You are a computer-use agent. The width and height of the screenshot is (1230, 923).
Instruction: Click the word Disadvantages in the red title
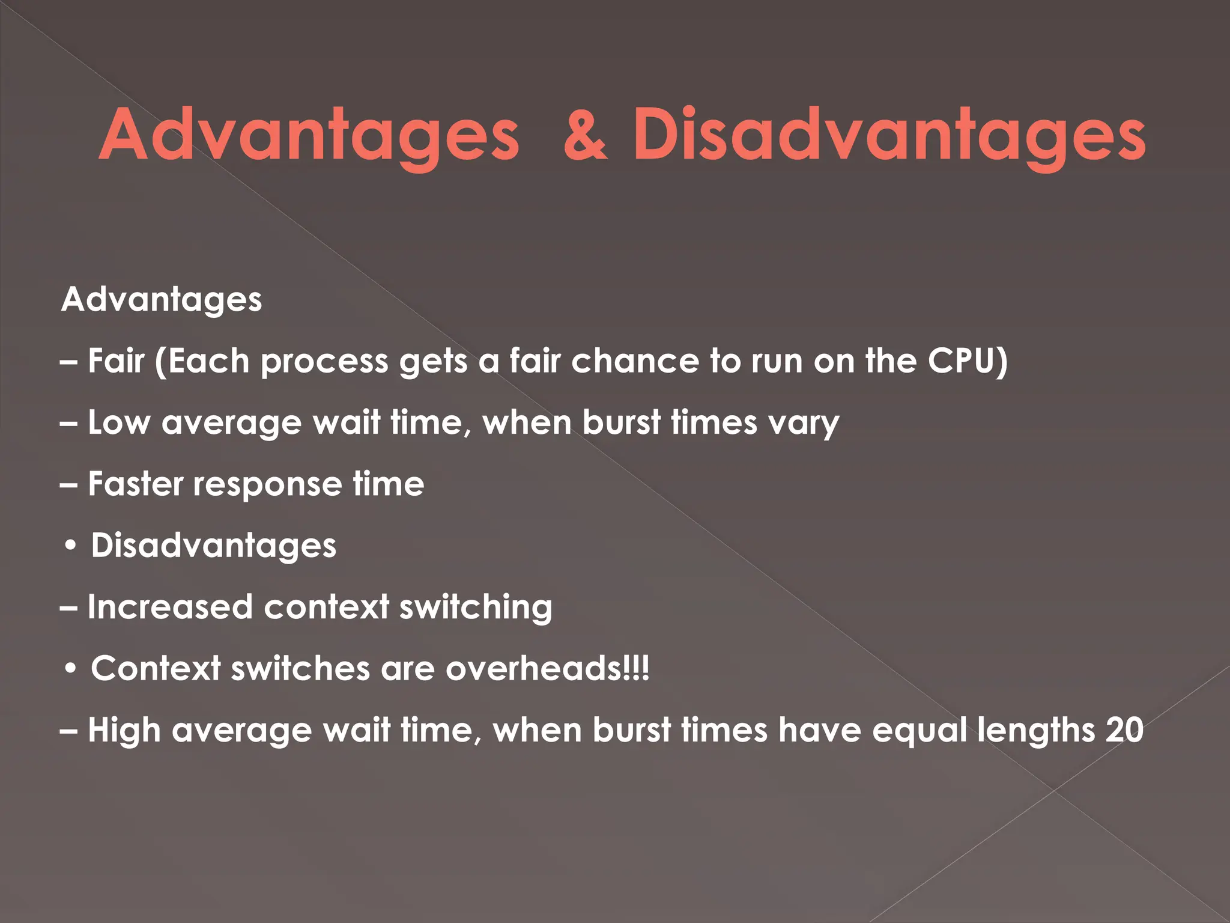889,135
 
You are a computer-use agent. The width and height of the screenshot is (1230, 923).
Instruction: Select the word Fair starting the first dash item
117,361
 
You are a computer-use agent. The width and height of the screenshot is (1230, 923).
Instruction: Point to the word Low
119,422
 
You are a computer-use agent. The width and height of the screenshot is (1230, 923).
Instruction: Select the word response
267,485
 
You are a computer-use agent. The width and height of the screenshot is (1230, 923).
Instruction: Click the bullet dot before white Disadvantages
71,546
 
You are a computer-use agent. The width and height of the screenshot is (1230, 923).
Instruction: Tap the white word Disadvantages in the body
213,546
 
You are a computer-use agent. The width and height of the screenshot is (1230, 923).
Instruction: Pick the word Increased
170,607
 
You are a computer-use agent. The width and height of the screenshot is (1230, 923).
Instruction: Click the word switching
476,608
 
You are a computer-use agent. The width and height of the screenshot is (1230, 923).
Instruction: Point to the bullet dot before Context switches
71,669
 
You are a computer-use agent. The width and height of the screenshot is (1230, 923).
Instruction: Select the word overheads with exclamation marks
547,668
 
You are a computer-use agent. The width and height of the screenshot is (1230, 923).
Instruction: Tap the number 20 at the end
1124,730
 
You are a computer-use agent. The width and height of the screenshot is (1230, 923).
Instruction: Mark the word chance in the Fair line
635,361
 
